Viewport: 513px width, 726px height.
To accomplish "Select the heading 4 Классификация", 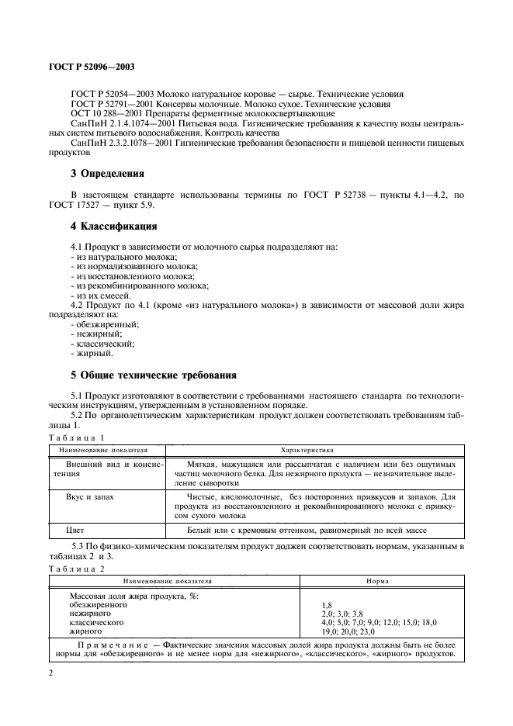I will click(x=114, y=226).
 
